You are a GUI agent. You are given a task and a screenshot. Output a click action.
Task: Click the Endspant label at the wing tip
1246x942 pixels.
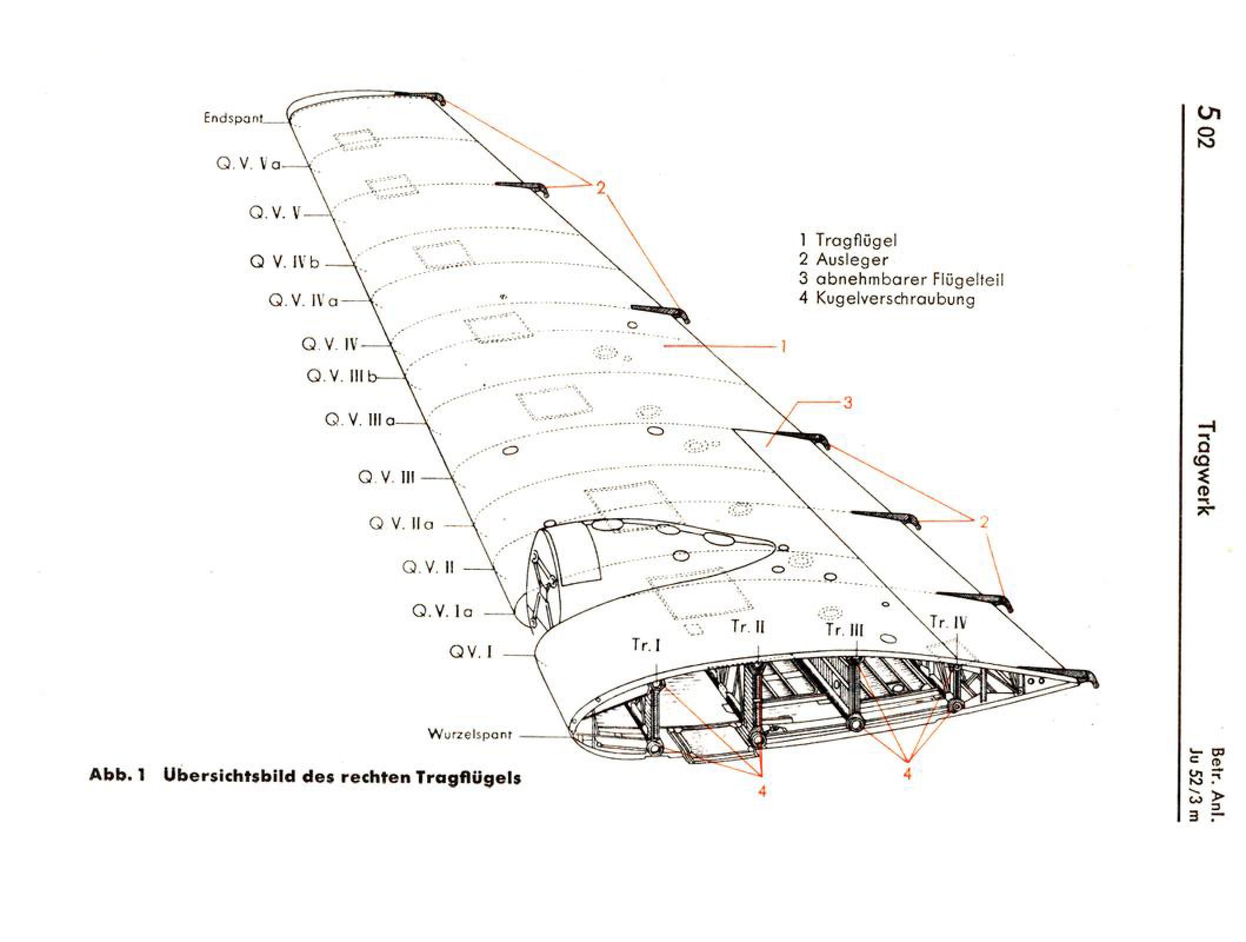(x=234, y=118)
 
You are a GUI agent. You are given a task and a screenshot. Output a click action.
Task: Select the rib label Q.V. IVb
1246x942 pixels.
(x=285, y=263)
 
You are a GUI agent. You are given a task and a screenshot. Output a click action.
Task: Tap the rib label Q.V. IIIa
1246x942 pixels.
(x=360, y=420)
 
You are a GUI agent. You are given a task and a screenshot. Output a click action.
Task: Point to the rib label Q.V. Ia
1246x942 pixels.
(x=442, y=612)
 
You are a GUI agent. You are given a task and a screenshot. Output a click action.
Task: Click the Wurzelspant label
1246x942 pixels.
(x=470, y=735)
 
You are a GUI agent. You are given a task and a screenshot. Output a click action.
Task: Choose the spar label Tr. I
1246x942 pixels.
(x=647, y=646)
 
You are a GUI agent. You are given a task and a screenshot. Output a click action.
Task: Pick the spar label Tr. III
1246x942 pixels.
(x=845, y=630)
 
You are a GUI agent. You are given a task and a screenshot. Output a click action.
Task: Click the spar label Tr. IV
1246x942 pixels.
(x=948, y=622)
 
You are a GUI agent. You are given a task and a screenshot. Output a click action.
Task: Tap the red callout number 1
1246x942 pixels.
(x=783, y=347)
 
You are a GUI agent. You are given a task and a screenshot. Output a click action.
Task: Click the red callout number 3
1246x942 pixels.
(x=848, y=403)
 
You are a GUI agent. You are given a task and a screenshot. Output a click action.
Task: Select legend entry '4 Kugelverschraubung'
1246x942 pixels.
(x=887, y=298)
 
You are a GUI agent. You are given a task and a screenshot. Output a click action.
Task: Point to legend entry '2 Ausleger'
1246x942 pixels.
(x=843, y=259)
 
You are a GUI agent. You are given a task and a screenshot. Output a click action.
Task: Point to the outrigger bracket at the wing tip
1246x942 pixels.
(x=419, y=97)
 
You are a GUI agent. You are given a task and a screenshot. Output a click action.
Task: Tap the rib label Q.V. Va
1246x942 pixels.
(x=249, y=164)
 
